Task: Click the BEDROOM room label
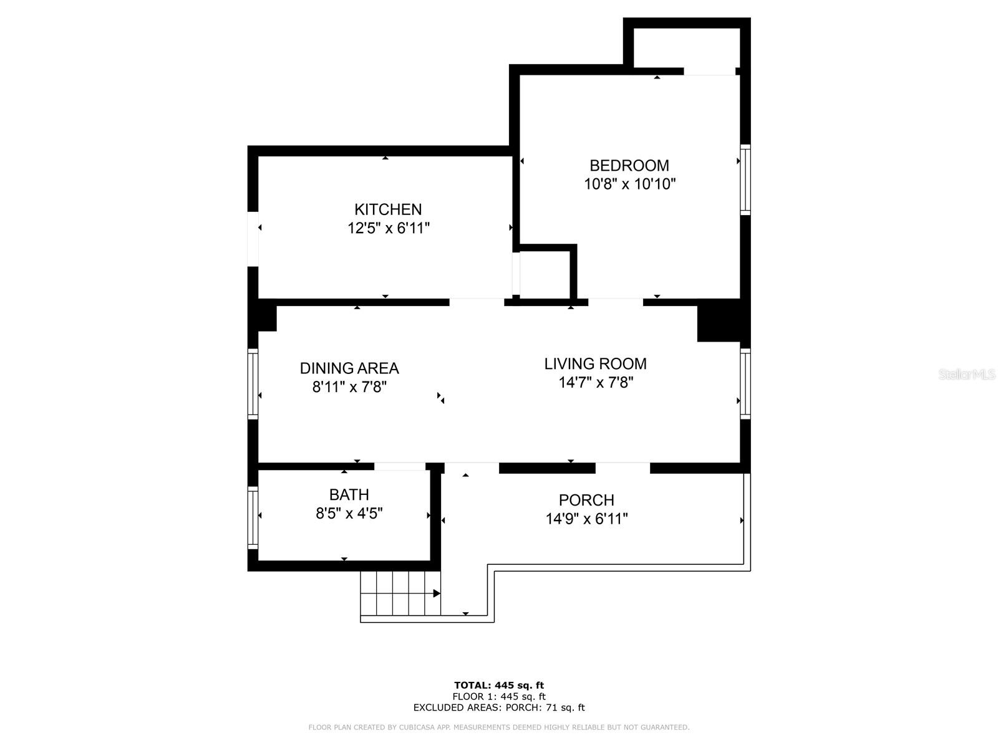pos(629,165)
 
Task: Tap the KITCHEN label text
pos(388,209)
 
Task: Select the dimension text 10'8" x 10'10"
pos(629,184)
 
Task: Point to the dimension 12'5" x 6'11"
pos(388,228)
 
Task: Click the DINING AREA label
pos(349,368)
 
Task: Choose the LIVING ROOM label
pos(595,363)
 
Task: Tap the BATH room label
pos(349,495)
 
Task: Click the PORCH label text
pos(586,500)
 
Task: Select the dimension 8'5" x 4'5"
pos(349,514)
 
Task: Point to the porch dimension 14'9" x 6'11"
pos(586,519)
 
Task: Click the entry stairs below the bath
pos(400,593)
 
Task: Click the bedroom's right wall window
pos(745,180)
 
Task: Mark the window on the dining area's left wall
pos(253,383)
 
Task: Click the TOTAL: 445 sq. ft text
pos(499,685)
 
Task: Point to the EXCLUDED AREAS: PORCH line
pos(499,707)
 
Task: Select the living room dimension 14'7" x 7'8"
pos(595,382)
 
